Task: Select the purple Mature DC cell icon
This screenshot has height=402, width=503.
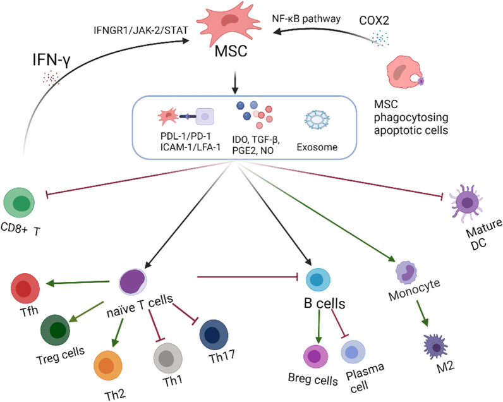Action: [x=468, y=202]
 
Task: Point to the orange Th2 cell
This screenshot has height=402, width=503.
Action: [x=108, y=367]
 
